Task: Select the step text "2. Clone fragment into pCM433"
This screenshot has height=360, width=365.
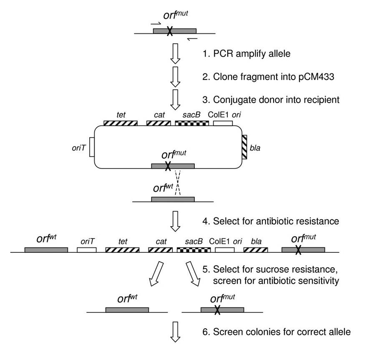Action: (255, 76)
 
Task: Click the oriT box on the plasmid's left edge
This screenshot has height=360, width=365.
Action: (92, 148)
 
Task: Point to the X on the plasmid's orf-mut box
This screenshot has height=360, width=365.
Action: (168, 166)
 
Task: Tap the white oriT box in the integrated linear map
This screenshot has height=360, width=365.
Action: (87, 250)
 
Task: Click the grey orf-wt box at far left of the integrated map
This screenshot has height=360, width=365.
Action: (46, 249)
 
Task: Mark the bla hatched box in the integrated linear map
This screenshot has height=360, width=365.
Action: (256, 250)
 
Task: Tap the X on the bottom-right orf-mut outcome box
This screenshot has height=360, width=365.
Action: (217, 310)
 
